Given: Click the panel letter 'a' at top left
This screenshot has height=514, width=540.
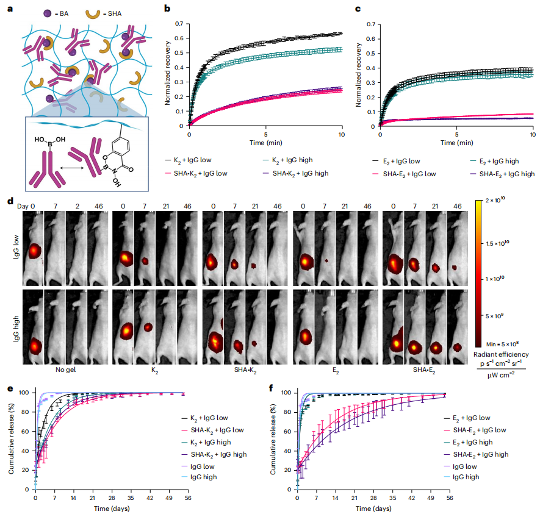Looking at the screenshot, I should pyautogui.click(x=5, y=5).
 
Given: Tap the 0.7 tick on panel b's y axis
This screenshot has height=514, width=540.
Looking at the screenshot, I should pyautogui.click(x=179, y=23).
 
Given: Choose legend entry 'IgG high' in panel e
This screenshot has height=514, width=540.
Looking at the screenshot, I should pyautogui.click(x=202, y=476).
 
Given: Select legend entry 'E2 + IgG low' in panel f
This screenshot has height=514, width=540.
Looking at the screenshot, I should pyautogui.click(x=467, y=418).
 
